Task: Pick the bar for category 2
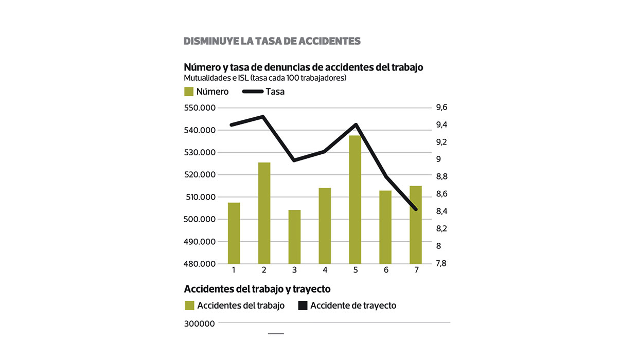coord(264,213)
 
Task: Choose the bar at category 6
coord(385,227)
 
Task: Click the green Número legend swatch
coord(189,92)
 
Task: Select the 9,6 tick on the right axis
coord(441,107)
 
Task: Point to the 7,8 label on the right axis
coord(441,263)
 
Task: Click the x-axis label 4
coord(325,271)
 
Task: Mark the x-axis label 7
coord(416,271)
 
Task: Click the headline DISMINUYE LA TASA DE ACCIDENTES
coord(272,41)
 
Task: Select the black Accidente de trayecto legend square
coord(303,305)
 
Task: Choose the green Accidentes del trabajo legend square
coord(189,305)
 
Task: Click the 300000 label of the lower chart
coord(200,323)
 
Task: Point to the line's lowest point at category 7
coord(415,209)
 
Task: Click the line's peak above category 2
coord(263,117)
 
